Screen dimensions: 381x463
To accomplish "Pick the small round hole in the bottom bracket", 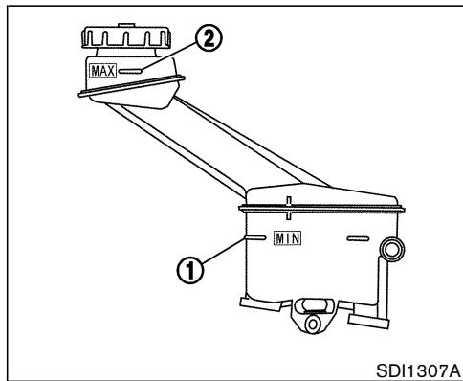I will coord(309,325).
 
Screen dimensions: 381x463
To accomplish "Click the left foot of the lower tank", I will coord(256,305).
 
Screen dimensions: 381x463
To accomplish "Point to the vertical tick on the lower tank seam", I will coord(287,203).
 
